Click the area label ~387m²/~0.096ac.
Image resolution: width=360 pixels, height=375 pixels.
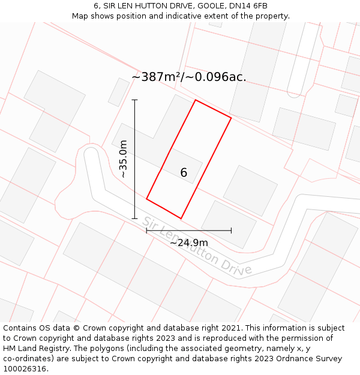tap(188, 77)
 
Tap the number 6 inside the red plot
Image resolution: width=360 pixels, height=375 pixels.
tap(184, 173)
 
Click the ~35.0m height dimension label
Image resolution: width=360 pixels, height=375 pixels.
tap(124, 159)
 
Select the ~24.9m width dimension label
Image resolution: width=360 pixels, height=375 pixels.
tap(188, 243)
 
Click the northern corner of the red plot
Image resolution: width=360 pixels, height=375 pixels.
tap(196, 100)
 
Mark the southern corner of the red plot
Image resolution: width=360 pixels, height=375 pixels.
tap(181, 218)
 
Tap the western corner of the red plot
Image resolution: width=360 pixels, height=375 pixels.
tap(146, 199)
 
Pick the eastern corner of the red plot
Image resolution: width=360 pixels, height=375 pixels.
tap(231, 118)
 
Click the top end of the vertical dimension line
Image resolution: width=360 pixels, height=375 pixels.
tap(134, 100)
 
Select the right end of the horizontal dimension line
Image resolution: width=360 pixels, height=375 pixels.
tap(231, 230)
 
